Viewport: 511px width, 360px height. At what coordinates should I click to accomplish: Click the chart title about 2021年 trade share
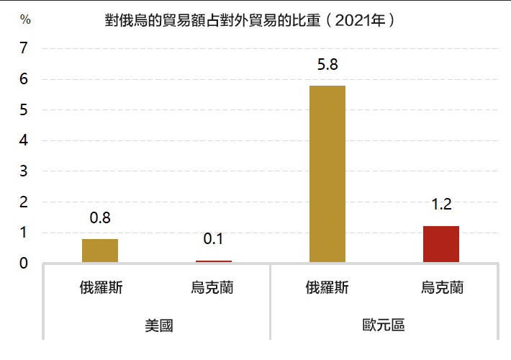[x=249, y=20]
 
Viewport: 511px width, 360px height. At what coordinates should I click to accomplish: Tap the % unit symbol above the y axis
[x=26, y=20]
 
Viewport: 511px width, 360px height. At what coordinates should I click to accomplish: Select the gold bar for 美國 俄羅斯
[x=100, y=251]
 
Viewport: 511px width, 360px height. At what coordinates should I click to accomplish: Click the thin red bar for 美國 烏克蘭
[x=214, y=261]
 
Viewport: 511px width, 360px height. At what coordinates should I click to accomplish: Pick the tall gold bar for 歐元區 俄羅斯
[x=327, y=174]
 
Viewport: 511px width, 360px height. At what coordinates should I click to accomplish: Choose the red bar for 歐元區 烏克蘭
[x=441, y=244]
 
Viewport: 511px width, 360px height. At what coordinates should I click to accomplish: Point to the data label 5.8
[x=327, y=65]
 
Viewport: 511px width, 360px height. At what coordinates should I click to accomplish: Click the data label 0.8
[x=100, y=218]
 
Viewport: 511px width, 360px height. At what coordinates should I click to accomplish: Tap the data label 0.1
[x=214, y=240]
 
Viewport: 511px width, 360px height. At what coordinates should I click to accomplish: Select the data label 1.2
[x=441, y=205]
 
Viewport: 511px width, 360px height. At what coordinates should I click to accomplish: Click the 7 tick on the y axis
[x=24, y=49]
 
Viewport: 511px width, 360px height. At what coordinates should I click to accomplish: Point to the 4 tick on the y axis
[x=24, y=141]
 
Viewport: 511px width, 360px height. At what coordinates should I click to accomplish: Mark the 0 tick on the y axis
[x=24, y=264]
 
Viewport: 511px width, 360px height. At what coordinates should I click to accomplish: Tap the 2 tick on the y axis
[x=24, y=202]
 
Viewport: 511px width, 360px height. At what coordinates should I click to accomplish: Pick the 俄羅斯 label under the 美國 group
[x=100, y=288]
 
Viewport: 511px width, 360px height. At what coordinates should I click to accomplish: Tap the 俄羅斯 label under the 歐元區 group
[x=327, y=288]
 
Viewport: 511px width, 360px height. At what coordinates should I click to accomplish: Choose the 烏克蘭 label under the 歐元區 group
[x=441, y=288]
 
